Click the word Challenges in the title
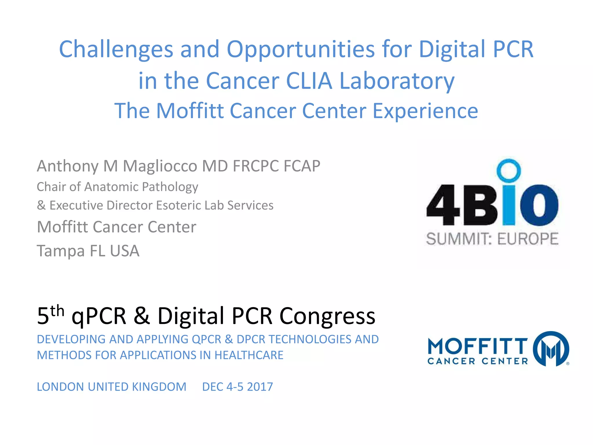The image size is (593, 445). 116,49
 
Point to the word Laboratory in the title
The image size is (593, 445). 397,81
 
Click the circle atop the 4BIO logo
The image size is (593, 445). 508,170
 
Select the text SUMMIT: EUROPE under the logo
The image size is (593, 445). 492,239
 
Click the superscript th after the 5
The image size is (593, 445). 57,311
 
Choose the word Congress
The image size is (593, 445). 327,316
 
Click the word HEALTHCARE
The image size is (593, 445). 249,355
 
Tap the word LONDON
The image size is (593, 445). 60,387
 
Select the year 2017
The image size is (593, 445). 260,387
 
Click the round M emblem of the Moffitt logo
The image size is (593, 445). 551,349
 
